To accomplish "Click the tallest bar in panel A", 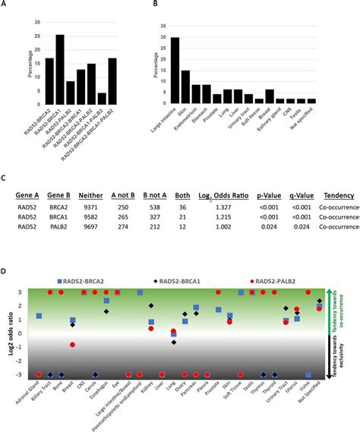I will (60, 69).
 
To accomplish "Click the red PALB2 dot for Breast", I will (73, 345).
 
